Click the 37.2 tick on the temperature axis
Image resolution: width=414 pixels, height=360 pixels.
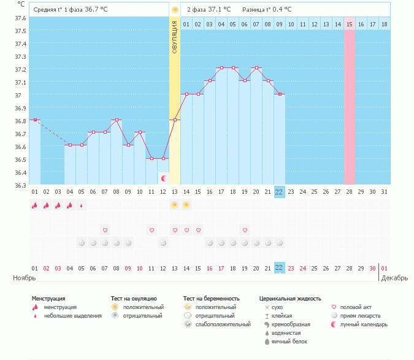tap(21, 69)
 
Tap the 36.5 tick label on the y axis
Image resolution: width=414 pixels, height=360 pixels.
tap(21, 159)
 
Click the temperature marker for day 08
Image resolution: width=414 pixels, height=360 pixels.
tap(117, 120)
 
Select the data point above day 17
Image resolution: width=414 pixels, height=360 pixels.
tap(221, 68)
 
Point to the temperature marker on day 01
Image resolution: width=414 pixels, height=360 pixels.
tap(35, 120)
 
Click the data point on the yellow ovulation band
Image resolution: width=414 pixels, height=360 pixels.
tap(175, 120)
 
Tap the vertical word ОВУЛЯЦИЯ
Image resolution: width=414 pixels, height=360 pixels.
tap(175, 37)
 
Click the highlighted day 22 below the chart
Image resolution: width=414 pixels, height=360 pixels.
tap(279, 191)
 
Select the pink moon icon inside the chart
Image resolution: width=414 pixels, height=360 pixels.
tap(164, 178)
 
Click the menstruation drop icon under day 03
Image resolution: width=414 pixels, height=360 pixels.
tap(58, 205)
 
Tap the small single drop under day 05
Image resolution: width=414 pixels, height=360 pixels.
tap(82, 205)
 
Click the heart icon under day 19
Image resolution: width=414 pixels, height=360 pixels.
tap(245, 230)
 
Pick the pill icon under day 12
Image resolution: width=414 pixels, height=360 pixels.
tap(163, 243)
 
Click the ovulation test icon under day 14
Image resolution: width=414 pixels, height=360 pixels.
tap(186, 205)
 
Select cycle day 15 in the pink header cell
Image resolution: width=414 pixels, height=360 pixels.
tap(350, 25)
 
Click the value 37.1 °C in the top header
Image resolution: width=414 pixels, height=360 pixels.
tap(220, 9)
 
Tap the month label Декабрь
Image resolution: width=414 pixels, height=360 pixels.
tap(394, 278)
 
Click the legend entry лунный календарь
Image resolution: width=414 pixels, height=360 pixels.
tap(364, 324)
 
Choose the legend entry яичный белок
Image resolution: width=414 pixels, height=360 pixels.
tap(289, 342)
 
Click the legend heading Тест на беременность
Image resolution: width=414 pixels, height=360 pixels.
tap(211, 299)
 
